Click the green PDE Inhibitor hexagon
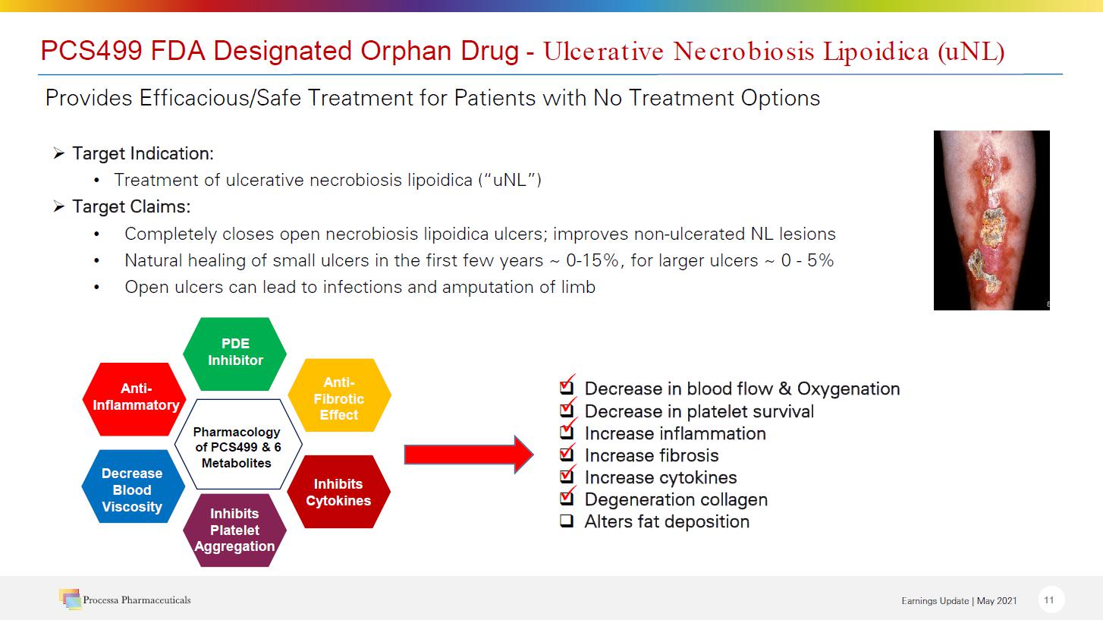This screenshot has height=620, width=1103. coord(235,354)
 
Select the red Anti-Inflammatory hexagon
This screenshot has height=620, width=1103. coord(134,399)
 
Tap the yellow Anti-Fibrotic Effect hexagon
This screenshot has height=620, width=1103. coord(339,395)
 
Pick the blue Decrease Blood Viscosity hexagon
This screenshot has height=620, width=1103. coord(134,486)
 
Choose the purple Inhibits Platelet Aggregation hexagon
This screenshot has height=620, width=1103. coord(235,530)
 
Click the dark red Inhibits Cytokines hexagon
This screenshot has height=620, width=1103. coord(339,492)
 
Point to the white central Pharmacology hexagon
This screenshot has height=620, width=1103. coord(238,444)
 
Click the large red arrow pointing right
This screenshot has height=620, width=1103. coord(469,454)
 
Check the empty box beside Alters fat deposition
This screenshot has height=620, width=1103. coord(567,521)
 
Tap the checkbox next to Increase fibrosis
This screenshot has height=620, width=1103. coord(567,454)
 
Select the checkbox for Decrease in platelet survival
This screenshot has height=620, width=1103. coord(567,409)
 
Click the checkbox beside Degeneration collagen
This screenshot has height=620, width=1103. coord(567,498)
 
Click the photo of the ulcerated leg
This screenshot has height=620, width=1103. coord(991,220)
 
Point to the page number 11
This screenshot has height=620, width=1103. coord(1049,600)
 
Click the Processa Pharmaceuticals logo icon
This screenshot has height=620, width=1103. coord(70,600)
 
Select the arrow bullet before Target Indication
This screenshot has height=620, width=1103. coord(59,153)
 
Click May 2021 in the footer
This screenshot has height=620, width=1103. coord(997,601)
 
